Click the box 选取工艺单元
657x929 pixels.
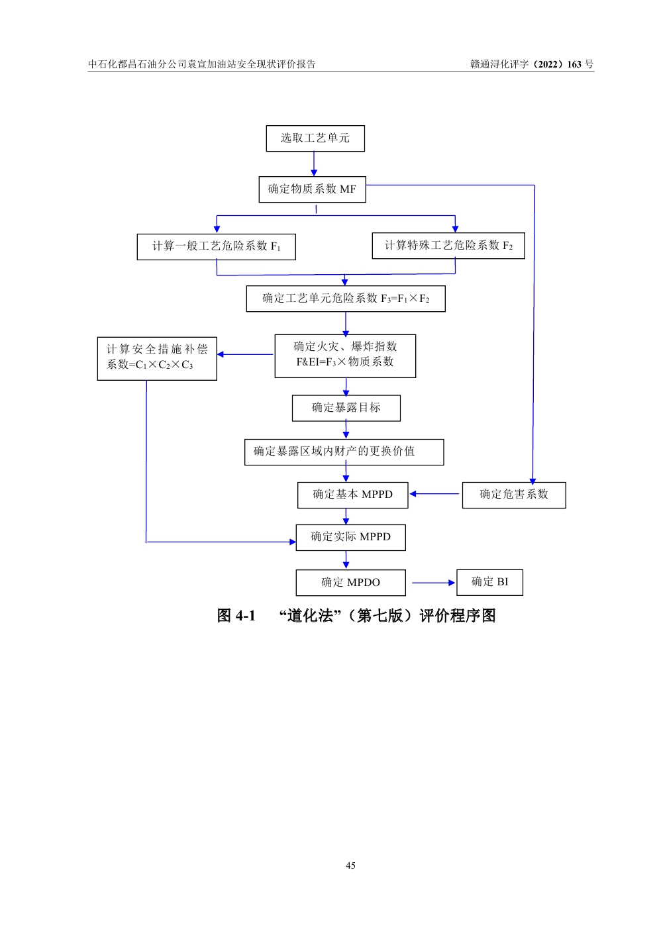(x=315, y=138)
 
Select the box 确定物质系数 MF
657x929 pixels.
(x=312, y=189)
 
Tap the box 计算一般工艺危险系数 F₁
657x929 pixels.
(x=216, y=246)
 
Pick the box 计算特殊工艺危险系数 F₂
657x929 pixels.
(x=448, y=246)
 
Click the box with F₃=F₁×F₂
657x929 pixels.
(x=346, y=299)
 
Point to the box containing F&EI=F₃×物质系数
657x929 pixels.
(x=345, y=356)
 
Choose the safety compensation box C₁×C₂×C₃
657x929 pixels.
(x=157, y=358)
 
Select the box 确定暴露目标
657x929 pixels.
(x=346, y=408)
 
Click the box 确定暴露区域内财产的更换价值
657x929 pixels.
(x=344, y=452)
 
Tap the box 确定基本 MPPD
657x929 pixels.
(x=352, y=495)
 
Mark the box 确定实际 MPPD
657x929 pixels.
(x=350, y=537)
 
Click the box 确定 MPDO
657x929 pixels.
(x=350, y=583)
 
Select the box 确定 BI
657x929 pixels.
(x=489, y=582)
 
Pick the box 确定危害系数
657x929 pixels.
(x=514, y=495)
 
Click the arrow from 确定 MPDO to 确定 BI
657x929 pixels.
(x=433, y=583)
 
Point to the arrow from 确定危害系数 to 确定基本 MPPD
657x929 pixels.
(x=434, y=494)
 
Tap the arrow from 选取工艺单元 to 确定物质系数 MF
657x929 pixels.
(x=314, y=164)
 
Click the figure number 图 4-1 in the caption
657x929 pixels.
(x=236, y=616)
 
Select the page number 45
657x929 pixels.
(x=350, y=865)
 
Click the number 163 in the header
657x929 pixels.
(x=574, y=64)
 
